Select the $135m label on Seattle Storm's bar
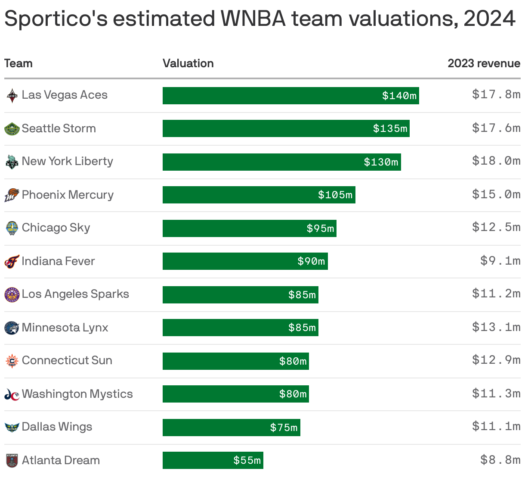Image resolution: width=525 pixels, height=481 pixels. tap(390, 128)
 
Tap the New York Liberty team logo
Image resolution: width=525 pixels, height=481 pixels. tap(12, 162)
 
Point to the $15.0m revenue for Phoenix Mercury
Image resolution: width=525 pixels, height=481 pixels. tap(496, 194)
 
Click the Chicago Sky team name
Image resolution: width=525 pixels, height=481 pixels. tap(56, 228)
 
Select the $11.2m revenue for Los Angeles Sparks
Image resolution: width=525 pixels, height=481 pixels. tap(496, 294)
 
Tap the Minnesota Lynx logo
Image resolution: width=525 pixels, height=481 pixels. tap(12, 328)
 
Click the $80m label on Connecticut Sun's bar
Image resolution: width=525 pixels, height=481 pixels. tap(293, 361)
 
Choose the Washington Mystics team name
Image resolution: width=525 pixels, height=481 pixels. tap(77, 394)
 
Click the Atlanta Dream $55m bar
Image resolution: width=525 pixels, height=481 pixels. tap(213, 460)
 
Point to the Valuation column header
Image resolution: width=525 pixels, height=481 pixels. tap(188, 63)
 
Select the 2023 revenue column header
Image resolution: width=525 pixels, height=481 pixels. tap(484, 63)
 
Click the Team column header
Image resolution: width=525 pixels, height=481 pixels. tap(19, 63)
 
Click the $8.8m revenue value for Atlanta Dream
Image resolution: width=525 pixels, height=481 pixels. tap(500, 460)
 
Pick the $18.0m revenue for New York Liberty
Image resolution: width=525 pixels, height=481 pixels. tap(496, 161)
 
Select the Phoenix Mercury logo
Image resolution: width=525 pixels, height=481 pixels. tap(12, 195)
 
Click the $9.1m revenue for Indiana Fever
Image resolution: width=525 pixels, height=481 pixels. tap(500, 261)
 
